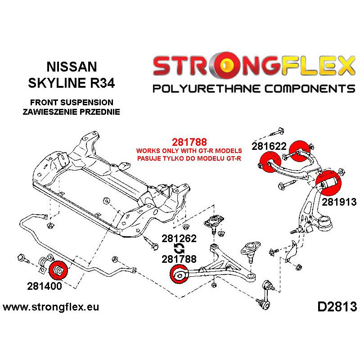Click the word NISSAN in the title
pyautogui.click(x=72, y=67)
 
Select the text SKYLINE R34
pyautogui.click(x=72, y=84)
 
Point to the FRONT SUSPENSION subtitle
pyautogui.click(x=72, y=103)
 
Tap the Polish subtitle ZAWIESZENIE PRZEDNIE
pyautogui.click(x=72, y=112)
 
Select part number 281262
pyautogui.click(x=180, y=238)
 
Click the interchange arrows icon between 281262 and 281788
pyautogui.click(x=179, y=249)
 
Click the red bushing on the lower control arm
pyautogui.click(x=179, y=274)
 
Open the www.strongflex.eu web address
pyautogui.click(x=51, y=308)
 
